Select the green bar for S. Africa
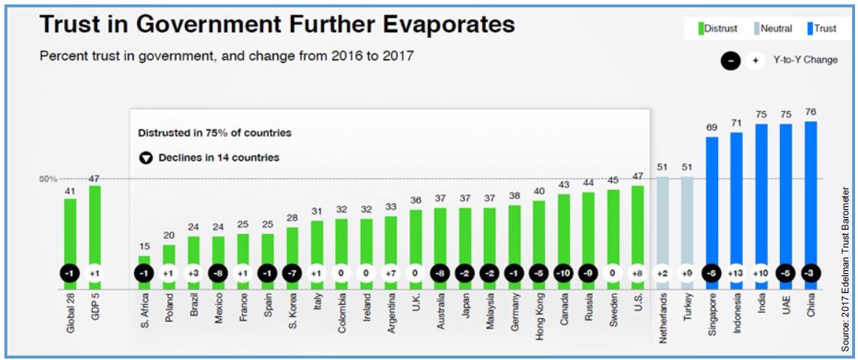click(x=144, y=262)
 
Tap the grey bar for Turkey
click(x=687, y=221)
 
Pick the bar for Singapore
click(x=712, y=199)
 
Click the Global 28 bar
click(x=70, y=232)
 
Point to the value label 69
click(x=712, y=128)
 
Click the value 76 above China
click(x=811, y=113)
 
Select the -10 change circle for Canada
click(x=563, y=273)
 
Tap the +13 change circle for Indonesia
click(x=736, y=273)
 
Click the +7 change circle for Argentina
click(x=391, y=273)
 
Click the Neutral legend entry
click(x=773, y=29)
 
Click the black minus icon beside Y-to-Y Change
click(x=731, y=60)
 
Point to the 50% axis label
click(x=48, y=179)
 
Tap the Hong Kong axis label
click(x=539, y=312)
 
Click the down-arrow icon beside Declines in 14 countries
click(x=146, y=158)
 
